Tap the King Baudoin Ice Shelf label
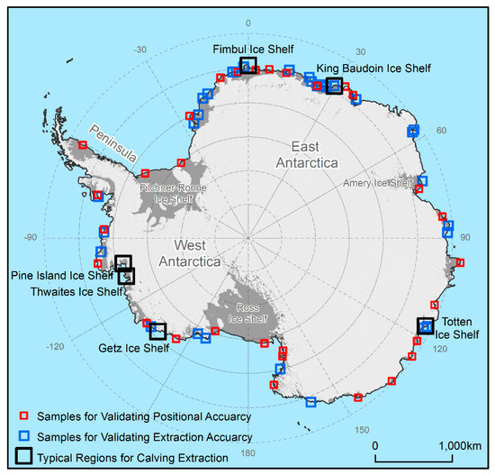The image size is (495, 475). [x=373, y=68]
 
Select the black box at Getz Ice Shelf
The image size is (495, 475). [x=157, y=331]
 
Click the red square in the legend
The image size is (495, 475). [x=26, y=416]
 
